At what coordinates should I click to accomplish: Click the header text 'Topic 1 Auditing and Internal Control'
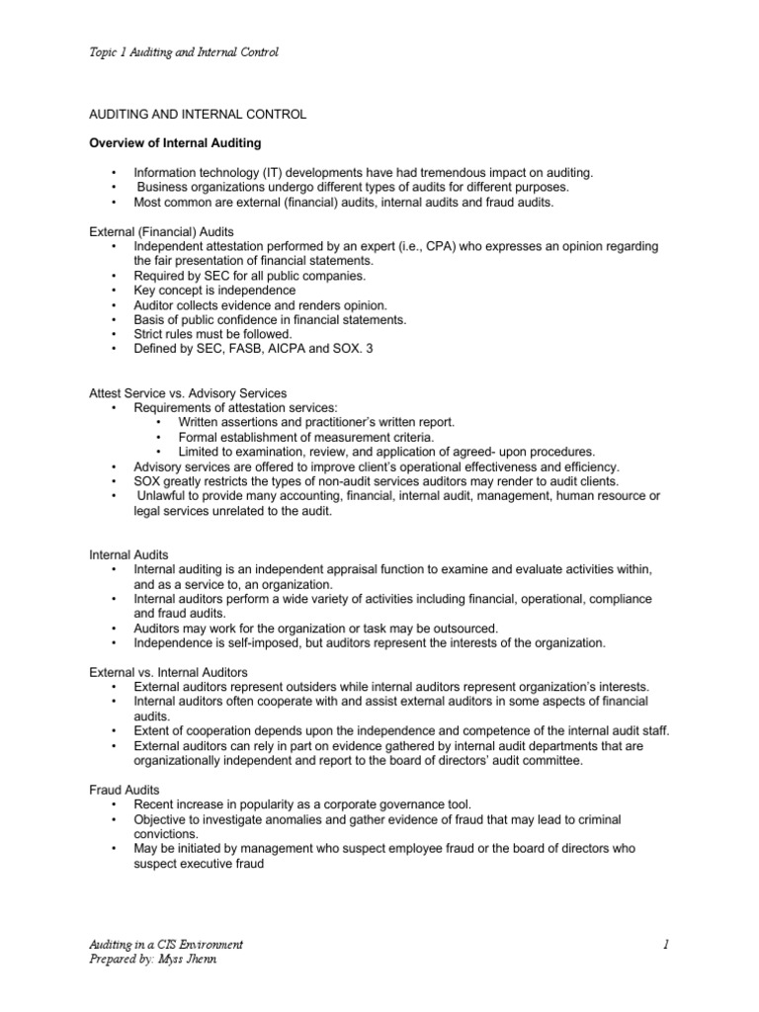[x=184, y=51]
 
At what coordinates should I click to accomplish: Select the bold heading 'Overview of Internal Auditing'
[x=176, y=143]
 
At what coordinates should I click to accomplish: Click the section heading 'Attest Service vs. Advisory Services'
[x=189, y=393]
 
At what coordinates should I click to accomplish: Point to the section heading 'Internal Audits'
[x=129, y=555]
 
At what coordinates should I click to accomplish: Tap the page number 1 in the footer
[x=667, y=946]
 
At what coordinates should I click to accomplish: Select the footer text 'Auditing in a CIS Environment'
[x=166, y=946]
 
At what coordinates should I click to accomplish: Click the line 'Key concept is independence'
[x=214, y=291]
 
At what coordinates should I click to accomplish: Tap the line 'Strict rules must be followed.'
[x=212, y=335]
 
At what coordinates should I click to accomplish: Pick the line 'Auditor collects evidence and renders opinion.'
[x=261, y=305]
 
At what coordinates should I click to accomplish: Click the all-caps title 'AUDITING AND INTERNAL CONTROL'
[x=198, y=115]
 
